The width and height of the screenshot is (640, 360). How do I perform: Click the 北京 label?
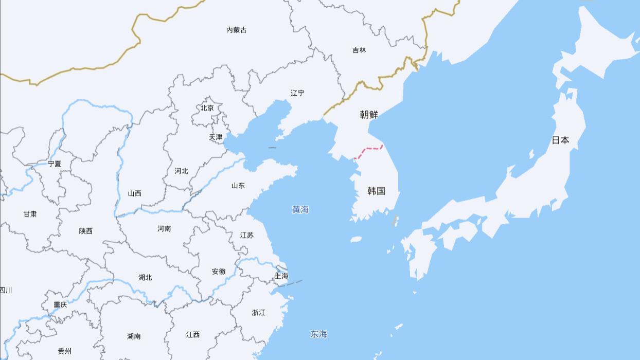coord(207,108)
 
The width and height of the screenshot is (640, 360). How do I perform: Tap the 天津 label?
coord(216,137)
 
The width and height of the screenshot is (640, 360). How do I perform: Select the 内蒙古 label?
coord(236,30)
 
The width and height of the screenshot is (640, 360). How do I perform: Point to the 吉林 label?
coord(359,50)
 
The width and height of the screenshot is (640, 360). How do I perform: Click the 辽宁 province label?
coord(297,93)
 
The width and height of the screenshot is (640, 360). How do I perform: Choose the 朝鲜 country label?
coord(369,115)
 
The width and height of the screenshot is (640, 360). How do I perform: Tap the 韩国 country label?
coord(376,191)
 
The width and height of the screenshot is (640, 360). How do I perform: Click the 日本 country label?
coord(560,140)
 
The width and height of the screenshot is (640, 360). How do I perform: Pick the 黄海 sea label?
coord(300,209)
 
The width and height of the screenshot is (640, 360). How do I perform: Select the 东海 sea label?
coord(318,334)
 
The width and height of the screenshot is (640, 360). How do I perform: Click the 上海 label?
coord(281,276)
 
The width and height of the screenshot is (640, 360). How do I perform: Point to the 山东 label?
coord(238,186)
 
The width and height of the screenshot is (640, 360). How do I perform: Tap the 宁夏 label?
coord(54,164)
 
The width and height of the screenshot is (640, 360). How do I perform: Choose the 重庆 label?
coord(60,305)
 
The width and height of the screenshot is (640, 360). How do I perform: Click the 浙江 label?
coord(259,313)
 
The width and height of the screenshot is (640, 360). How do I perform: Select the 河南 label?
coord(164,229)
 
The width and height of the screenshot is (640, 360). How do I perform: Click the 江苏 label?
coord(247,236)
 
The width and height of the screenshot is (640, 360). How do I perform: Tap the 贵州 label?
coord(64,352)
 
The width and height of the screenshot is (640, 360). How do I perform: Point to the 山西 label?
coord(134,194)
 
